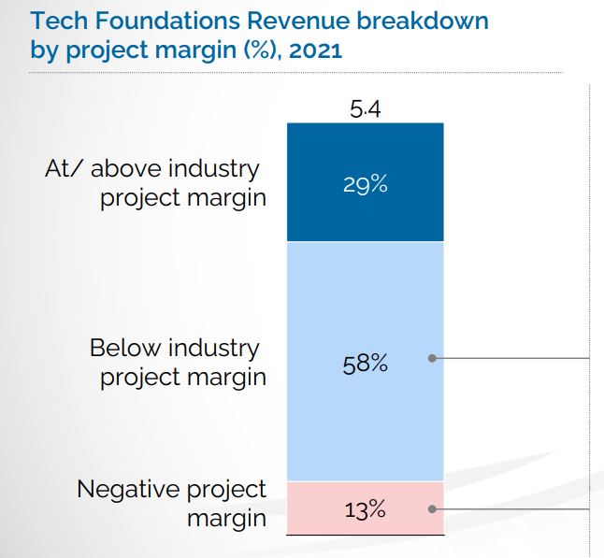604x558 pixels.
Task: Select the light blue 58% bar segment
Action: [365, 308]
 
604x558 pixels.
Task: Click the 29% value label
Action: [365, 184]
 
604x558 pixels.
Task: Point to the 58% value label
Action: [365, 363]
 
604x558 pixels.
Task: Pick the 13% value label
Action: [365, 510]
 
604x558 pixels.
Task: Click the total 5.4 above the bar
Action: [366, 109]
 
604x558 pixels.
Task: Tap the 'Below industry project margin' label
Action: [175, 363]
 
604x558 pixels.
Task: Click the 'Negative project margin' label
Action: [172, 502]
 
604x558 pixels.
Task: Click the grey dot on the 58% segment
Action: [431, 358]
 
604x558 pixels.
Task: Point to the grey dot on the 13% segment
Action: [431, 509]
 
